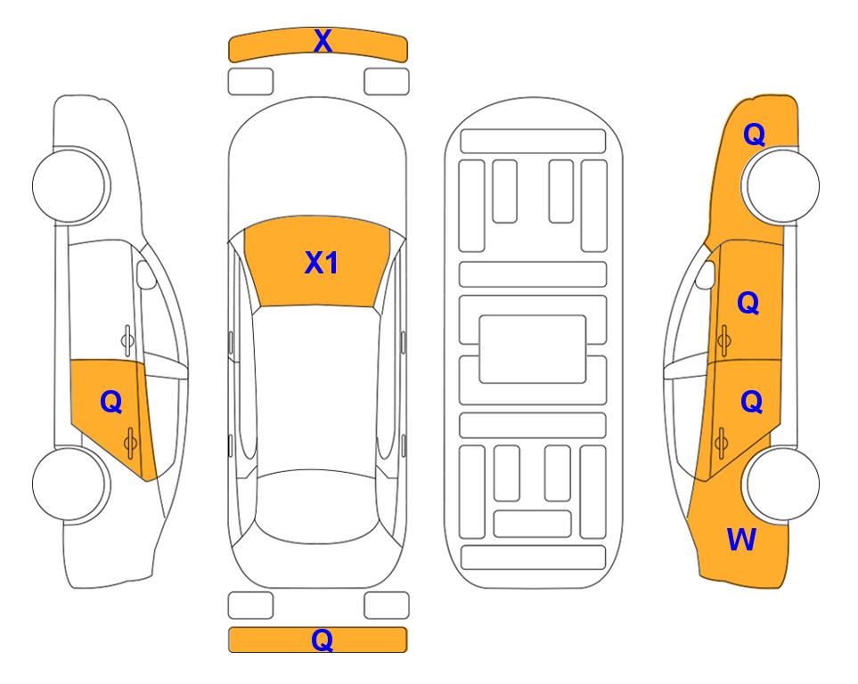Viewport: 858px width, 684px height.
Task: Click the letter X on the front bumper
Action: point(323,41)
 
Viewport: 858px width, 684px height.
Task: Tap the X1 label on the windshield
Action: point(322,263)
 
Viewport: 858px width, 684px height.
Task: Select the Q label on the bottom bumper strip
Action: point(322,639)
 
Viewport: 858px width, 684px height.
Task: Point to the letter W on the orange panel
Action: point(741,540)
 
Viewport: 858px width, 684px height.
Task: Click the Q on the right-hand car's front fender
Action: point(754,134)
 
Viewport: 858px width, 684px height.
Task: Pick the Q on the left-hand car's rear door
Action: point(111,403)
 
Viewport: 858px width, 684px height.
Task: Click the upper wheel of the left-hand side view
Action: point(70,185)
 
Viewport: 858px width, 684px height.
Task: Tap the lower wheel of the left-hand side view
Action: point(70,484)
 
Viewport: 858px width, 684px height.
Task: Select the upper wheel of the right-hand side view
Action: point(780,185)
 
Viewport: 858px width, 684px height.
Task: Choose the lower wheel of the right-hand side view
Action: point(781,484)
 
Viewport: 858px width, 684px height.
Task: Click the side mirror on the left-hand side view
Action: point(145,274)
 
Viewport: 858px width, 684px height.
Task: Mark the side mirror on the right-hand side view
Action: point(705,274)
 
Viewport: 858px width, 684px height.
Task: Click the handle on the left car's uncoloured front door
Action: point(127,340)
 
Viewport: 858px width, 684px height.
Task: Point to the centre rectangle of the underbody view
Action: point(533,349)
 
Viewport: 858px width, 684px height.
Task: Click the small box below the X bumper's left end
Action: point(250,82)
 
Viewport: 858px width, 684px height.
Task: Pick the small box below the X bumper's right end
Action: point(387,82)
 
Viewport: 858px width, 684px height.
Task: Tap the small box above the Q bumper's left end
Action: point(250,606)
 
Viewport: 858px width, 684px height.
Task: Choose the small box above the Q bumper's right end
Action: point(387,606)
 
